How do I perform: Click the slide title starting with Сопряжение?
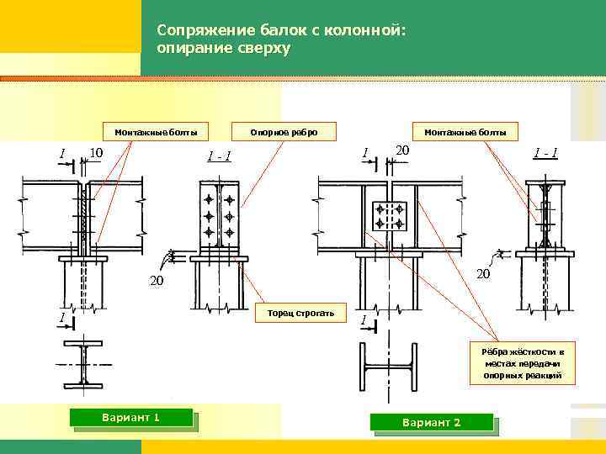(x=281, y=40)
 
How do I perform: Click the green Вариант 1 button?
(x=131, y=418)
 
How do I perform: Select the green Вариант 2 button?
(x=431, y=422)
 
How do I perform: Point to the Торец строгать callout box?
(x=301, y=314)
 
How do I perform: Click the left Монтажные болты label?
(x=156, y=131)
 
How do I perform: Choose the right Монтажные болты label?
(x=465, y=131)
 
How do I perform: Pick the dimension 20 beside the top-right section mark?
(x=402, y=150)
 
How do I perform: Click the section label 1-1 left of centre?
(x=220, y=155)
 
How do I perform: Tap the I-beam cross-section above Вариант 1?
(x=83, y=365)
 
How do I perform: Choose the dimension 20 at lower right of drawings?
(x=483, y=275)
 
